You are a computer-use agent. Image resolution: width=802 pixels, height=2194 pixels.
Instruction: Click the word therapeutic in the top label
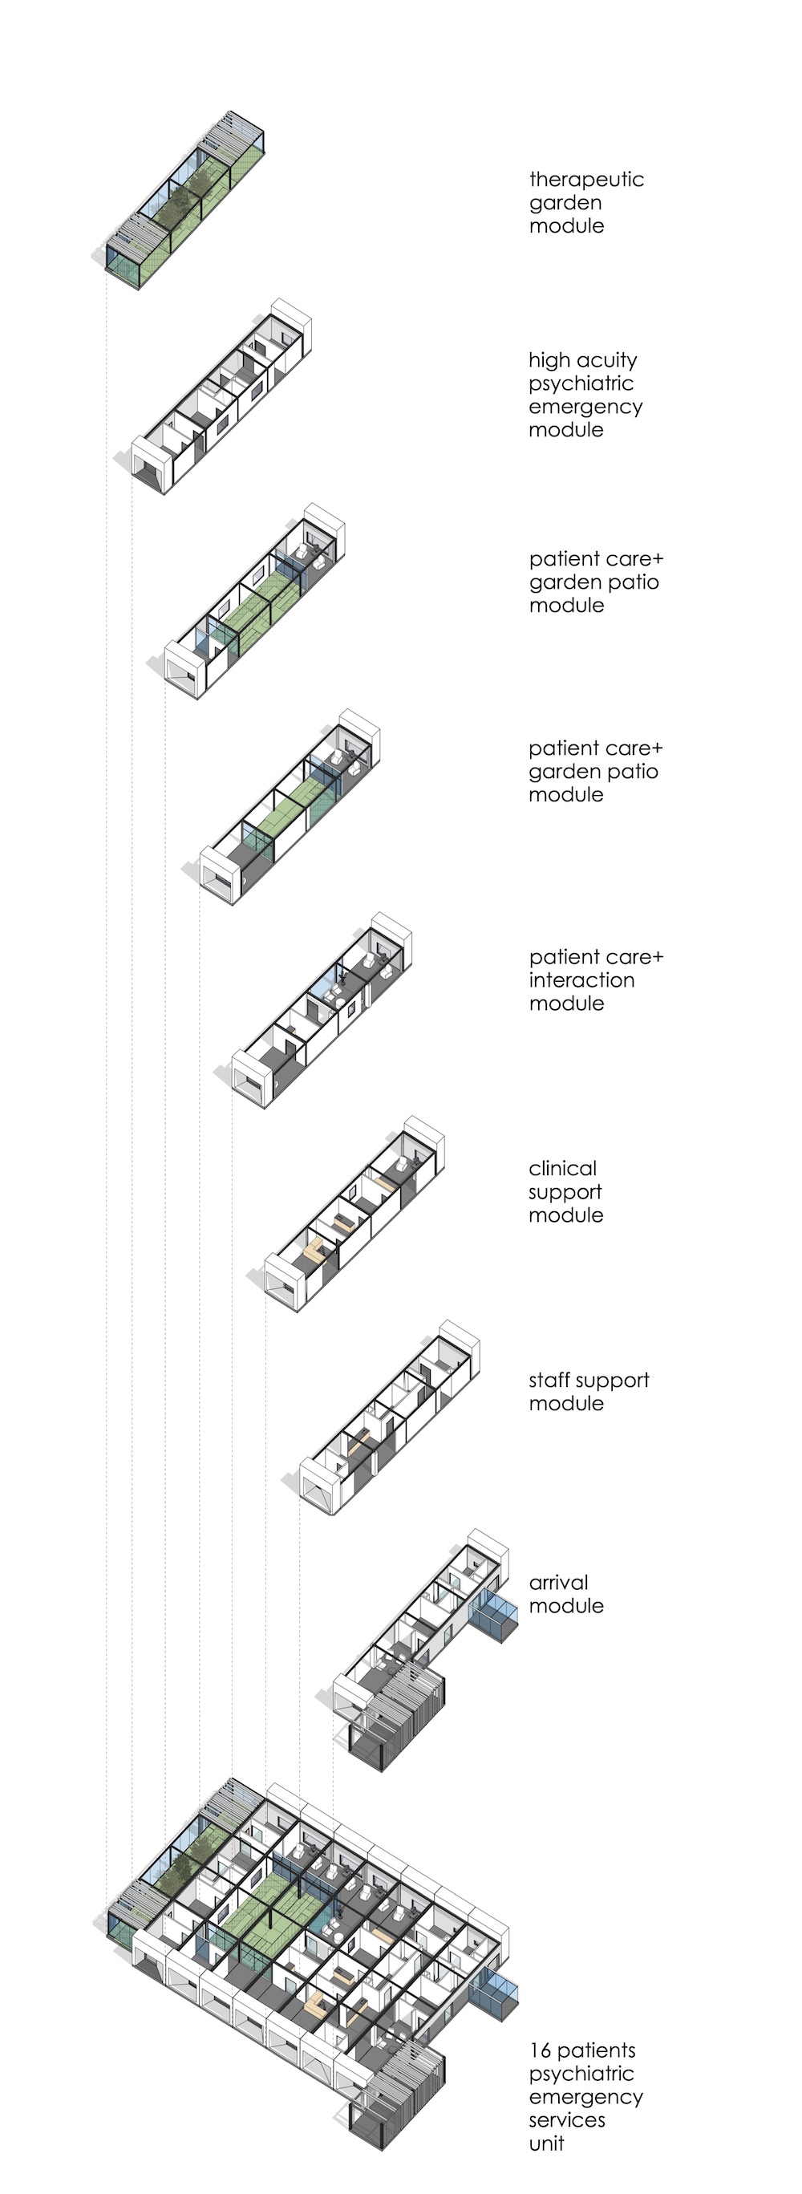click(x=585, y=180)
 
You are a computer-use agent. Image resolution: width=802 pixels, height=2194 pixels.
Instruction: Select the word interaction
click(x=581, y=980)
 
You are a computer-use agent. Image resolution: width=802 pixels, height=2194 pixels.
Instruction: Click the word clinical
click(x=562, y=1169)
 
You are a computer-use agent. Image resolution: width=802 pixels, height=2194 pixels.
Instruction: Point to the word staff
click(x=549, y=1381)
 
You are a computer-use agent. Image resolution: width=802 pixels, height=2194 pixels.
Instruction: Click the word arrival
click(x=558, y=1583)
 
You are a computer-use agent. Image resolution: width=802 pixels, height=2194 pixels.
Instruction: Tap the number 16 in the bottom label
click(x=540, y=2050)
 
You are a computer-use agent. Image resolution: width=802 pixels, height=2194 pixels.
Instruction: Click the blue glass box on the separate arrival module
click(x=494, y=1611)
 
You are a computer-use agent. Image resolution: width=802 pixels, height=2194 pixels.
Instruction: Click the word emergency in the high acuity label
click(x=585, y=408)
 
